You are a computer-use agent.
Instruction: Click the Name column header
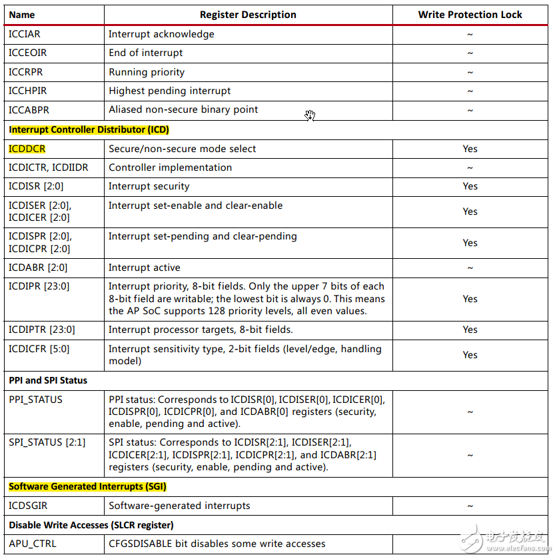(22, 15)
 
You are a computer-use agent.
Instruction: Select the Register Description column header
(248, 15)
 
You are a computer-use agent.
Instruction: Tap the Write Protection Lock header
(470, 15)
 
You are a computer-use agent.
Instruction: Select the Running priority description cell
(147, 72)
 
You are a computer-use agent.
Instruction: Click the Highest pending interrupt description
(169, 91)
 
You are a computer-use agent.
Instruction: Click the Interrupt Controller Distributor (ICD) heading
(89, 129)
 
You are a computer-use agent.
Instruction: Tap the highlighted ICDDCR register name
(27, 149)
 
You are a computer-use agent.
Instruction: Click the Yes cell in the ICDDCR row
(470, 149)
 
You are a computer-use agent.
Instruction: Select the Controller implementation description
(170, 167)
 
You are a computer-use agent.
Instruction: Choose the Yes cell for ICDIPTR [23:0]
(470, 330)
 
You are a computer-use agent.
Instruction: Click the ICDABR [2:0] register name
(38, 267)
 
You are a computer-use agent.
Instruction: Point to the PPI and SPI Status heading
(48, 380)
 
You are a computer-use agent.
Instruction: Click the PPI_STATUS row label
(35, 400)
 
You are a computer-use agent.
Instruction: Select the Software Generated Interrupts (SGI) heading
(87, 486)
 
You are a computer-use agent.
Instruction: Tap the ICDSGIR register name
(27, 506)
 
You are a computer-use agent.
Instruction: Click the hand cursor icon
(310, 115)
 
